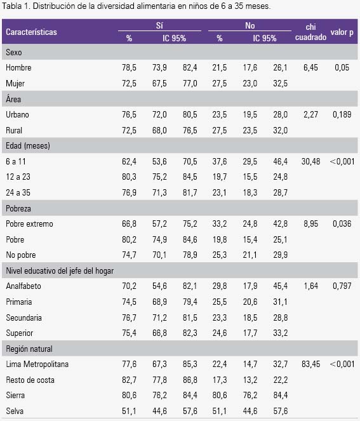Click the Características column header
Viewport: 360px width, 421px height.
click(31, 32)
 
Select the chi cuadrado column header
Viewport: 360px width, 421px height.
click(310, 32)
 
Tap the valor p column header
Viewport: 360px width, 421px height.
click(342, 32)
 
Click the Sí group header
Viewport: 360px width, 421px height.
click(159, 25)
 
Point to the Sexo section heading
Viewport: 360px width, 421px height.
click(14, 52)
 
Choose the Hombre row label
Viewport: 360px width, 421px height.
click(18, 67)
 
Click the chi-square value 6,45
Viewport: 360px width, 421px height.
click(310, 67)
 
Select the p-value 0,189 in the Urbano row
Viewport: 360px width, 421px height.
click(342, 114)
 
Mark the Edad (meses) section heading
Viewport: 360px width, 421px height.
click(28, 145)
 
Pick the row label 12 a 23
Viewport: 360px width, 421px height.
click(18, 177)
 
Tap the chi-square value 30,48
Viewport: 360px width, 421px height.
click(310, 161)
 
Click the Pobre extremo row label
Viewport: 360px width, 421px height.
click(29, 224)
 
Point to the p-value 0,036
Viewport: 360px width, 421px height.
click(342, 224)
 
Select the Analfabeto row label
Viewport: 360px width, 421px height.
click(23, 286)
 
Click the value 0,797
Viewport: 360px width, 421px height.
click(342, 286)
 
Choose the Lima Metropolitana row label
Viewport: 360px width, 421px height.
click(37, 364)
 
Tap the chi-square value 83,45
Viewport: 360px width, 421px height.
click(310, 364)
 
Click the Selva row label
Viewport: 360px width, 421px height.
click(15, 411)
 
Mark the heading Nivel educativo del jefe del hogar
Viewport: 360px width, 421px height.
click(60, 271)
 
